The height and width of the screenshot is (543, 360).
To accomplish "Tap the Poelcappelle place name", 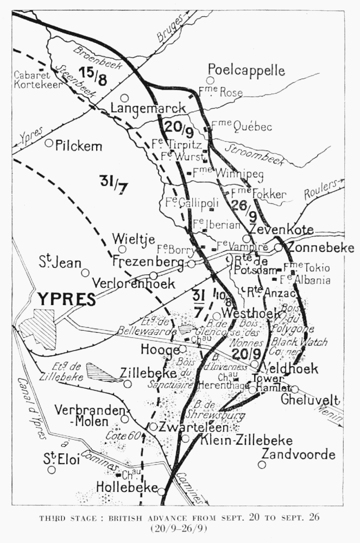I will coord(246,71).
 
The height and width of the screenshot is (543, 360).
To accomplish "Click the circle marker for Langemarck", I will coord(124,98).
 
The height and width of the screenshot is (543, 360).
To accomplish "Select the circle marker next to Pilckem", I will coord(49,143).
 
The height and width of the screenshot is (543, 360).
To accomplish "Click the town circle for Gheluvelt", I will coord(295,389).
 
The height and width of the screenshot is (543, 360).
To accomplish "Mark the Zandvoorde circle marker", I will coord(262,464).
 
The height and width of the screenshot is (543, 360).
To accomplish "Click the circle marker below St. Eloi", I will coord(52,470).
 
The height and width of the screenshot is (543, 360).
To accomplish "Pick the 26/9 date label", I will coord(241,206).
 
